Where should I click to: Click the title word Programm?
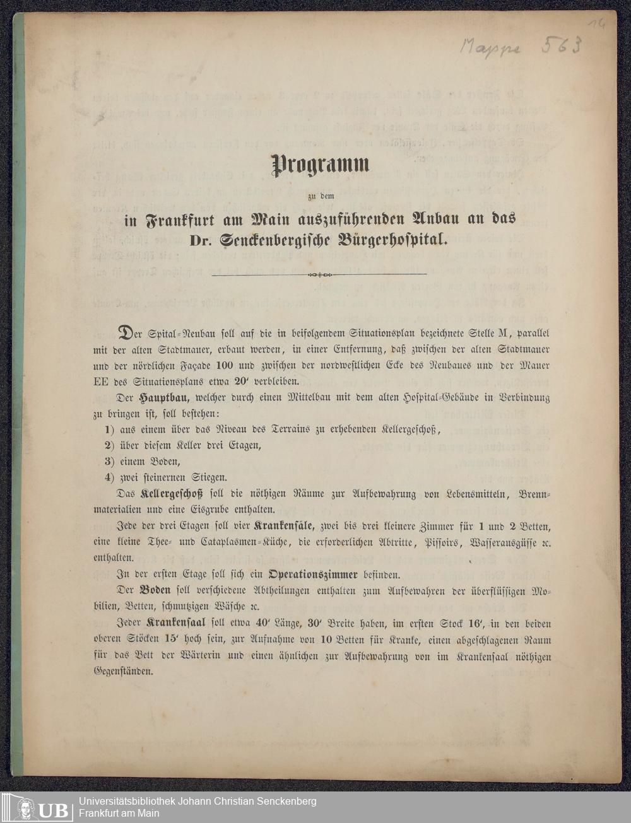tap(320, 165)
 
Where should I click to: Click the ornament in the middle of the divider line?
tap(319, 274)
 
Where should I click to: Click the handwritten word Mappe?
tap(491, 47)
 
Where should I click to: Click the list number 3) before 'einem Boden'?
tap(110, 462)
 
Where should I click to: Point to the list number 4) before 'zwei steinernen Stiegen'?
tap(110, 477)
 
